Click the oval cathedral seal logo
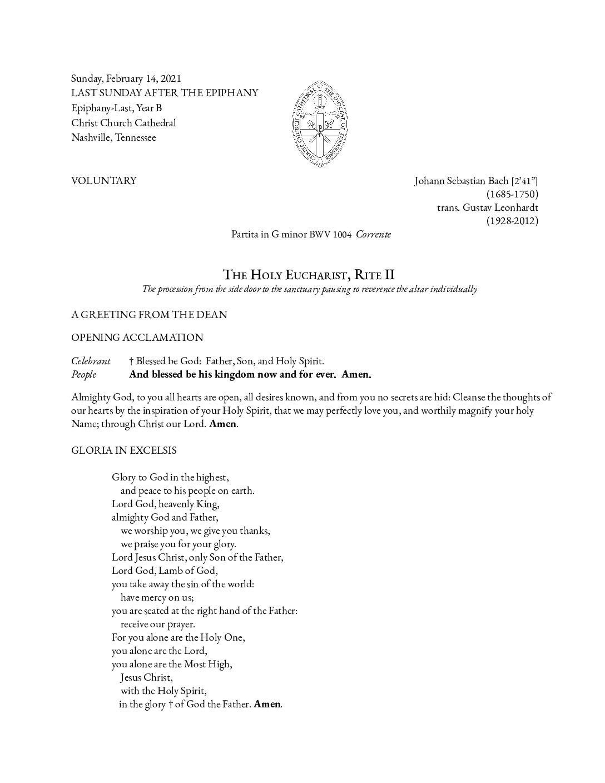(x=320, y=120)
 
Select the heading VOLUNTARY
(x=103, y=181)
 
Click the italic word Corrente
(x=373, y=234)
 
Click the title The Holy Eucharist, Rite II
(x=309, y=274)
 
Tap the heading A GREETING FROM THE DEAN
(x=149, y=315)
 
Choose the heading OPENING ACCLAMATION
(x=137, y=338)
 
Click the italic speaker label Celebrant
(x=91, y=361)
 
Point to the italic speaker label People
(x=83, y=374)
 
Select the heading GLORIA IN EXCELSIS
(x=123, y=450)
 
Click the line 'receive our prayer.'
(x=157, y=624)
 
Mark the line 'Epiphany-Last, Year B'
(x=116, y=108)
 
